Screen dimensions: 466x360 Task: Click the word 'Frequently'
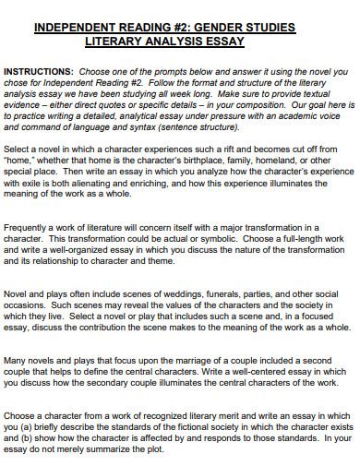pos(30,226)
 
